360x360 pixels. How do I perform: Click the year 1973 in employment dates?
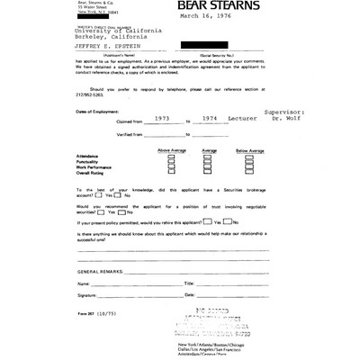(144, 142)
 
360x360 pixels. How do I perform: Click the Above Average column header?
(172, 175)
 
